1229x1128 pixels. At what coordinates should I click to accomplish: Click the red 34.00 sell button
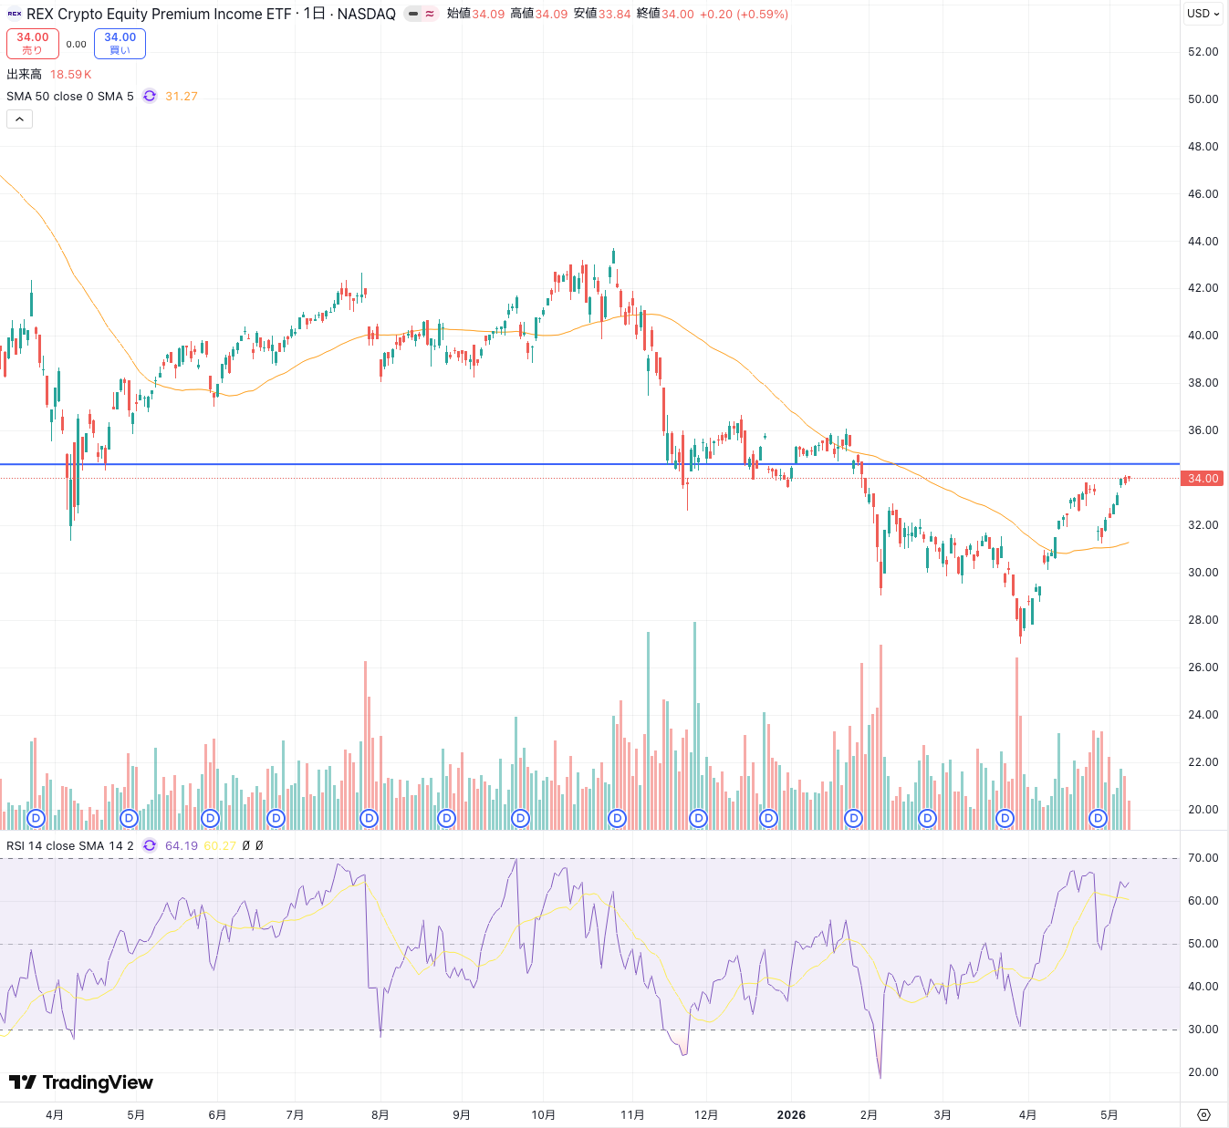coord(33,44)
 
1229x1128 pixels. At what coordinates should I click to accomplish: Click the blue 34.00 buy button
coord(120,44)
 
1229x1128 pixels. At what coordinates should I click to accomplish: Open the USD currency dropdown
coord(1203,14)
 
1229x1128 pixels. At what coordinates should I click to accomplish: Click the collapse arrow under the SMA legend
coord(19,119)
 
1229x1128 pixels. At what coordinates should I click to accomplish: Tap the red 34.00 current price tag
coord(1202,478)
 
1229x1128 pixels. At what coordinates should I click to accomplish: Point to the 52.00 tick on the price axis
coord(1203,51)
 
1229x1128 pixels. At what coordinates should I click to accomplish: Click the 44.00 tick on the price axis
coord(1203,242)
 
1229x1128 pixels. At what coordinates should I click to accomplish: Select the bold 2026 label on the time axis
coord(791,1114)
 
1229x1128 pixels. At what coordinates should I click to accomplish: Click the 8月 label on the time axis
coord(380,1114)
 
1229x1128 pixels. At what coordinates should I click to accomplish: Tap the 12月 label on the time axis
coord(706,1114)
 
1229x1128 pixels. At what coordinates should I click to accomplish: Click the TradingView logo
coord(81,1082)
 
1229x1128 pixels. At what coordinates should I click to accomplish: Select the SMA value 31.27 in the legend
coord(182,96)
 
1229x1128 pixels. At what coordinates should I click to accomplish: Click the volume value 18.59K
coord(70,74)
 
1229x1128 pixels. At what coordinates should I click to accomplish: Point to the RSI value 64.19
coord(182,845)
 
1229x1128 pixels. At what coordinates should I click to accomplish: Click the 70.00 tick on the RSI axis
coord(1203,858)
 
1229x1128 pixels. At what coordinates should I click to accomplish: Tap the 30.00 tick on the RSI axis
coord(1203,1030)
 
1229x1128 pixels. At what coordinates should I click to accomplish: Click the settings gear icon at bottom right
coord(1203,1114)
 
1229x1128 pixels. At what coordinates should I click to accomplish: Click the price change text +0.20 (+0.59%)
coord(744,14)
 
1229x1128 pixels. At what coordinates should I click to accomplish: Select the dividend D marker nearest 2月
coord(853,818)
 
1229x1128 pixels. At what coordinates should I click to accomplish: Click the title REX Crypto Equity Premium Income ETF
coord(159,14)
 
